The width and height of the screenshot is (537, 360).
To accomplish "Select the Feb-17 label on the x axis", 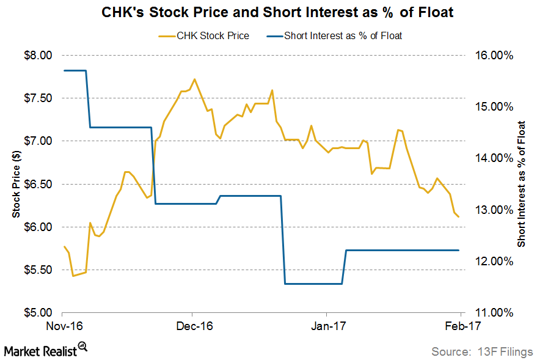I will (x=459, y=326).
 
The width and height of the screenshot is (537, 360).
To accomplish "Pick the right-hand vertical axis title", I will (x=521, y=183).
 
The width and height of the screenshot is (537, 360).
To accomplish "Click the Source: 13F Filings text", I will (x=481, y=351).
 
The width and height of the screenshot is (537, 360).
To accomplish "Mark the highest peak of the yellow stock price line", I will (x=194, y=79).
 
